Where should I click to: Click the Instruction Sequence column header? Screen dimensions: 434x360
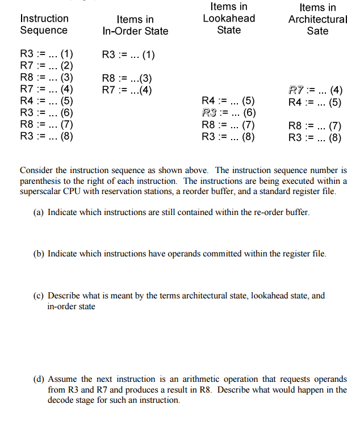(x=44, y=24)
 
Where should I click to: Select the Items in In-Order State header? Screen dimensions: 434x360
(x=135, y=26)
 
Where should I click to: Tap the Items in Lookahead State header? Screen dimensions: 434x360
(x=229, y=18)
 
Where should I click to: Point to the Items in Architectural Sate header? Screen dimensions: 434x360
(x=317, y=19)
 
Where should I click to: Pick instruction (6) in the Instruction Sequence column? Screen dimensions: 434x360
(x=47, y=113)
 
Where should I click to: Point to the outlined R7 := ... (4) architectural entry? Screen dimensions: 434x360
(x=315, y=90)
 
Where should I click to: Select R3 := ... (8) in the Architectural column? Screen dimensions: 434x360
(x=315, y=137)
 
